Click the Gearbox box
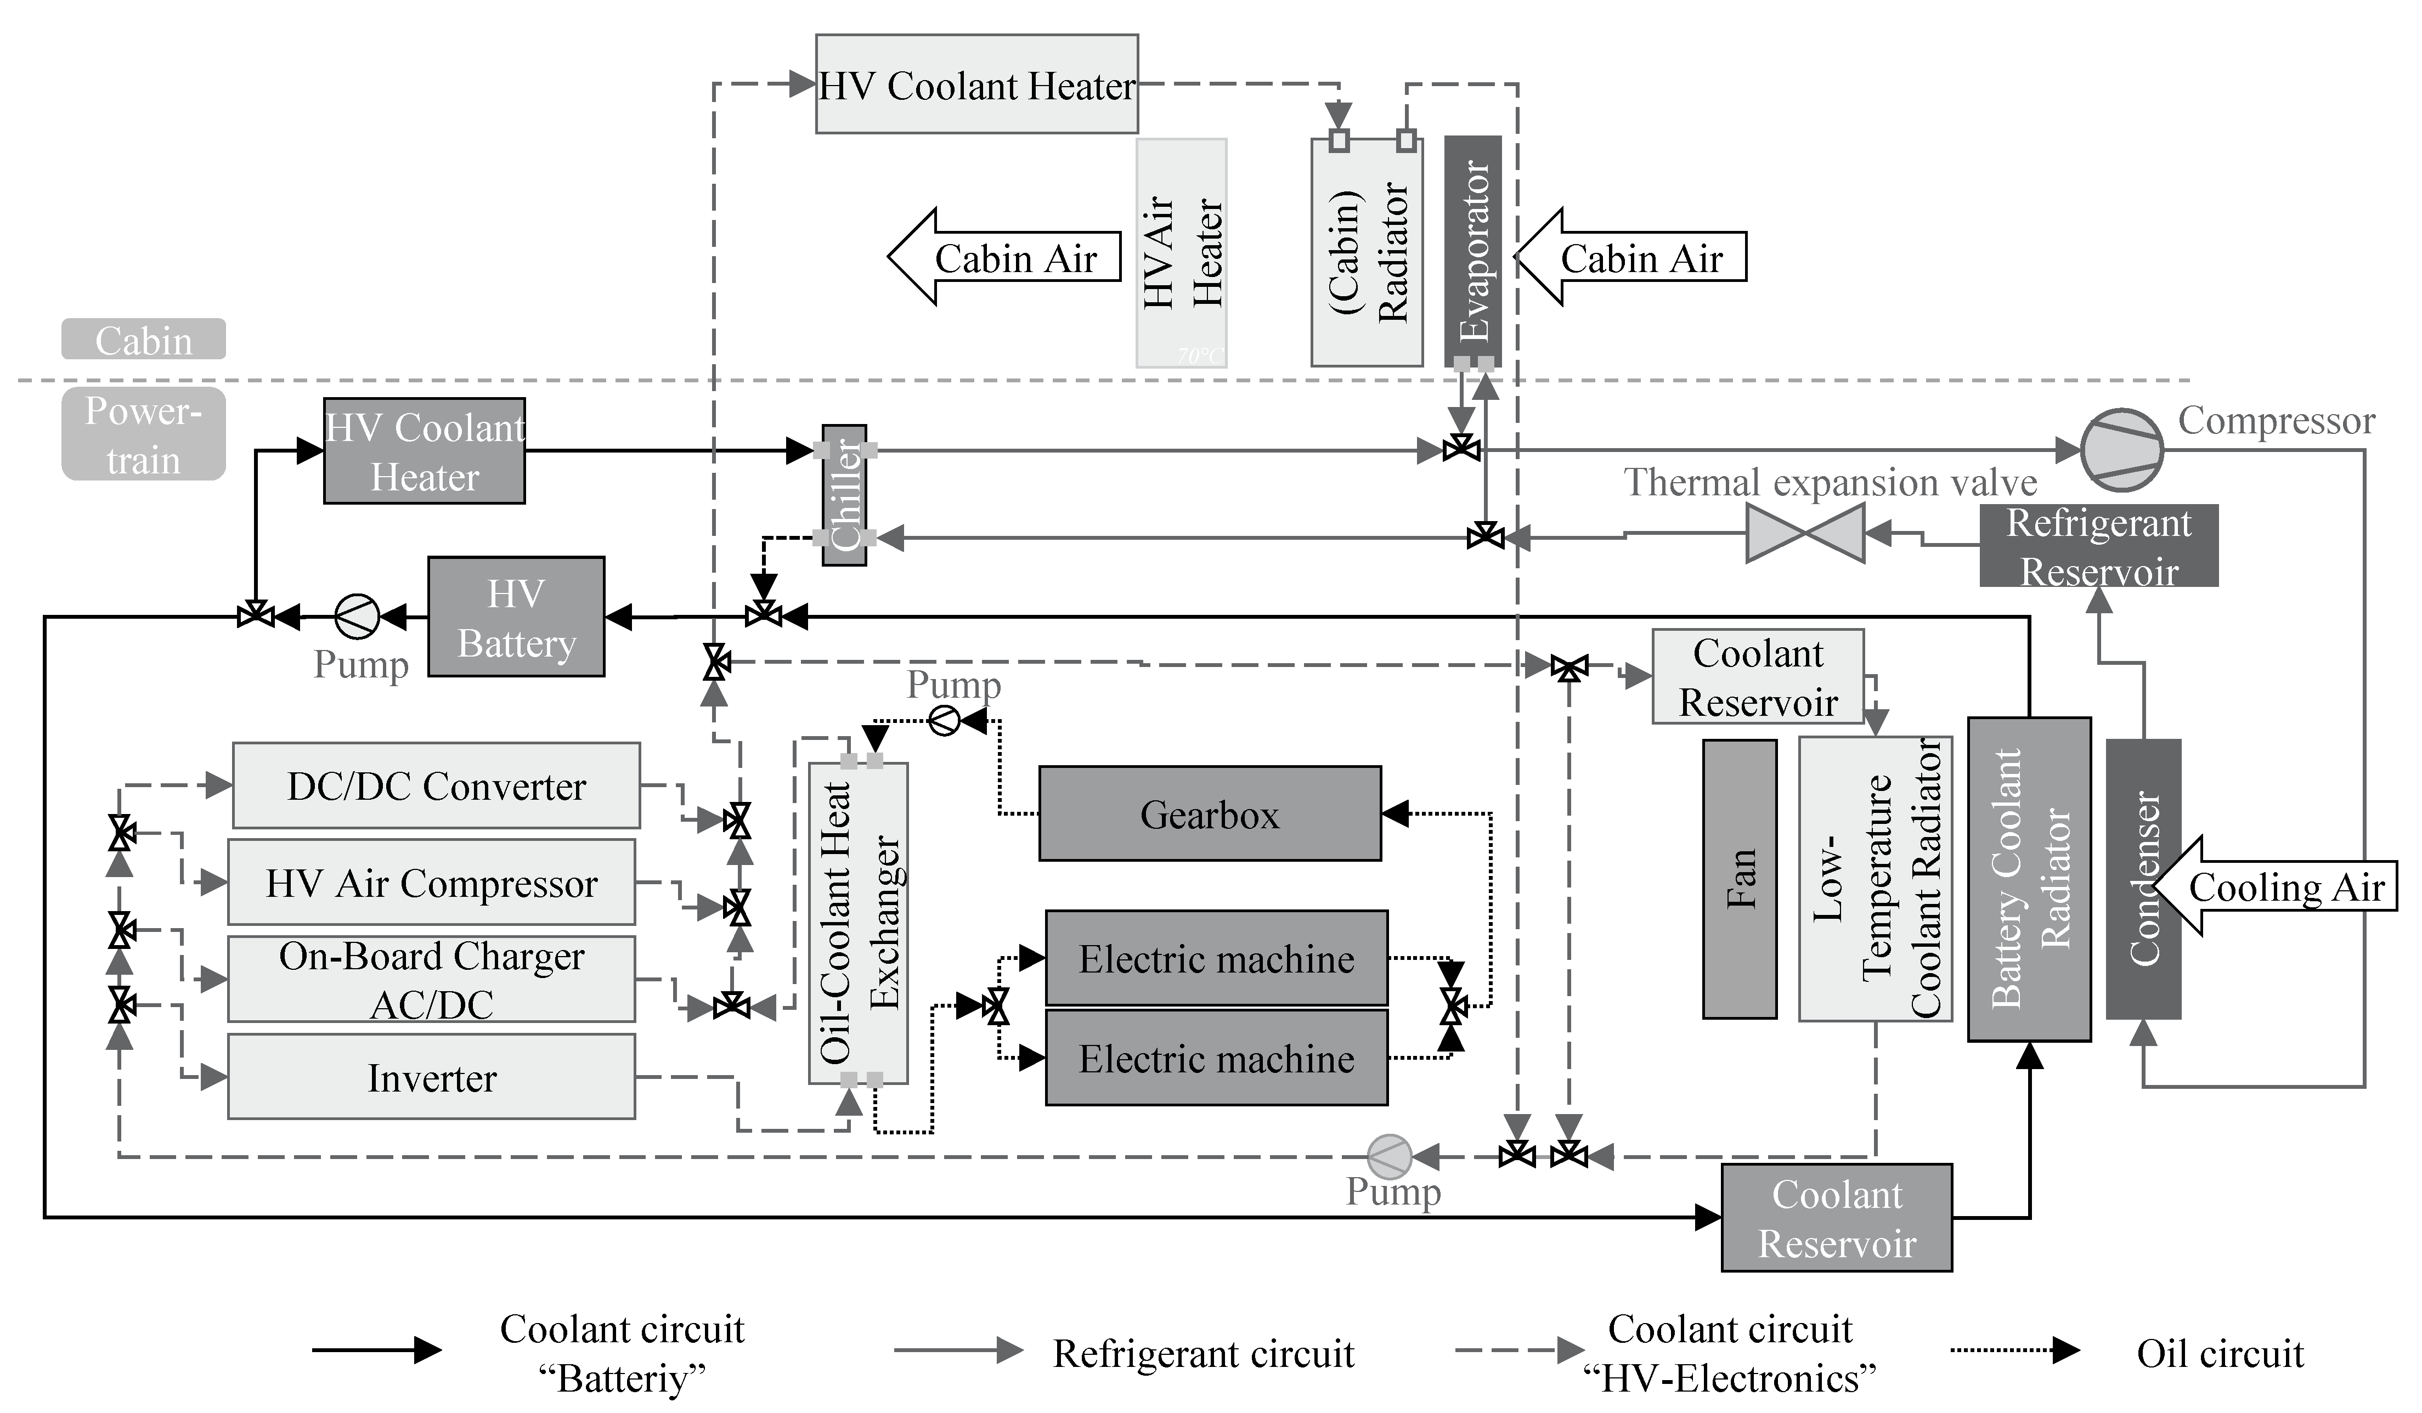(x=1209, y=813)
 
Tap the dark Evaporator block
(x=1472, y=250)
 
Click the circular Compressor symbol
(x=2121, y=450)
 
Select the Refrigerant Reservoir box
(x=2098, y=546)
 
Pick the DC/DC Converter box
(x=436, y=785)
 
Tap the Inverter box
(x=432, y=1077)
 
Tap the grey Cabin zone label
(x=143, y=340)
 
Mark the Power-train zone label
(x=143, y=434)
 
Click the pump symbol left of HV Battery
(x=357, y=616)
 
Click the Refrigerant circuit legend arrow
(x=958, y=1350)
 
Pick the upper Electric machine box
(x=1216, y=958)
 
